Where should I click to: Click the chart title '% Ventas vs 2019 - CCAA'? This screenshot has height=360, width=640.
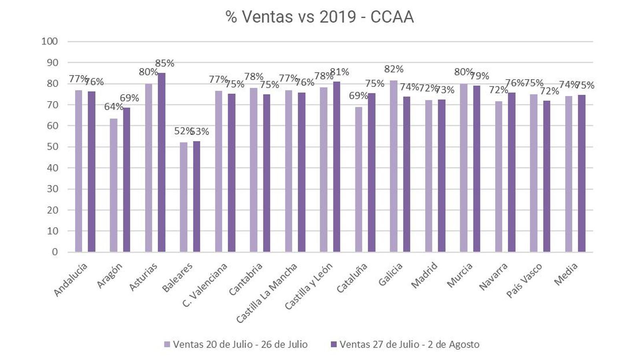point(320,17)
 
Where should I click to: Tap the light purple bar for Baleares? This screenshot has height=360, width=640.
point(184,197)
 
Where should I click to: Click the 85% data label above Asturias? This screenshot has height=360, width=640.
point(164,63)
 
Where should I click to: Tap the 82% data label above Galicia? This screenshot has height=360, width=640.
point(394,69)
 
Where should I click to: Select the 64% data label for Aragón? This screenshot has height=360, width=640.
point(114,107)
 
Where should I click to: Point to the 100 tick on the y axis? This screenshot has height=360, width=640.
point(50,41)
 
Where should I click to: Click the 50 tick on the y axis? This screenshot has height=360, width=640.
point(52,147)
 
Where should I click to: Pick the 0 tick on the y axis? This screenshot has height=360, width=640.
point(55,252)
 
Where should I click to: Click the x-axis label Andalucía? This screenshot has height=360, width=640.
point(70,280)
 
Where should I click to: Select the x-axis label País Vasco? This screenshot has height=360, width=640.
point(524,280)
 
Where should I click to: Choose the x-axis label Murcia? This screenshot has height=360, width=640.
point(460,275)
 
